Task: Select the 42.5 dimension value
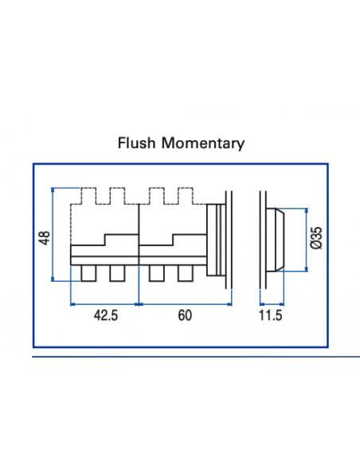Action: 105,315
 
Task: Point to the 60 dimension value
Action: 184,315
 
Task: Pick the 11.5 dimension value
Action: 272,315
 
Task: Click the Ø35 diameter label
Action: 315,237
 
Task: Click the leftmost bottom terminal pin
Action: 88,273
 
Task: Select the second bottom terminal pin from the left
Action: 117,273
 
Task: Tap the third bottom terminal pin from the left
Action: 157,273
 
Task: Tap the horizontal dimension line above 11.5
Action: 272,303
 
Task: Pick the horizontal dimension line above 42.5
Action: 105,303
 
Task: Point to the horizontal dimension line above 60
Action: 184,303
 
